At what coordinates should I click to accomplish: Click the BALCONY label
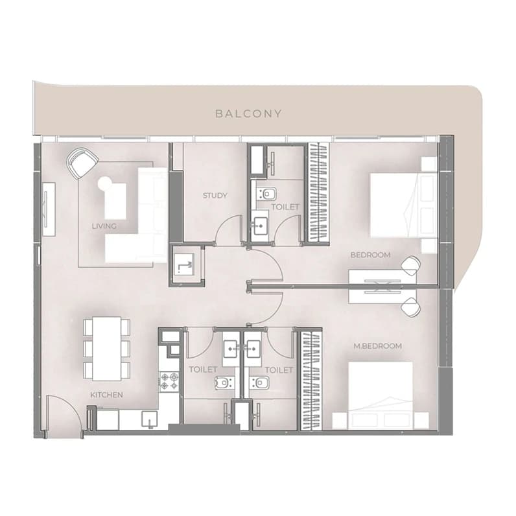point(248,114)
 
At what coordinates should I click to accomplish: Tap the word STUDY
point(215,196)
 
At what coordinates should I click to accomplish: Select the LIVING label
point(104,226)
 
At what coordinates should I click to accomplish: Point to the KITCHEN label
point(106,395)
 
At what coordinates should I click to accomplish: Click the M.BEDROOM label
point(378,346)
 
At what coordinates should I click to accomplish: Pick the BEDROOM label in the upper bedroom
point(371,255)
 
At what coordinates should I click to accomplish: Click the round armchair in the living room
point(82,163)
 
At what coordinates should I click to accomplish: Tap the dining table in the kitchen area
point(106,349)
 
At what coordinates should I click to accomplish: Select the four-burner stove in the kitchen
point(169,382)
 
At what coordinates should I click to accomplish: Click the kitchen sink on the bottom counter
point(149,419)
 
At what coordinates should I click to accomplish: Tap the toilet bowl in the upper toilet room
point(267,193)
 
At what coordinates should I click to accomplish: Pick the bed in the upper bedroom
point(403,205)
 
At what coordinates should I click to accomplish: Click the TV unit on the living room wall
point(49,209)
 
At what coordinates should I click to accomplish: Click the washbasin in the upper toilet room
point(260,226)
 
